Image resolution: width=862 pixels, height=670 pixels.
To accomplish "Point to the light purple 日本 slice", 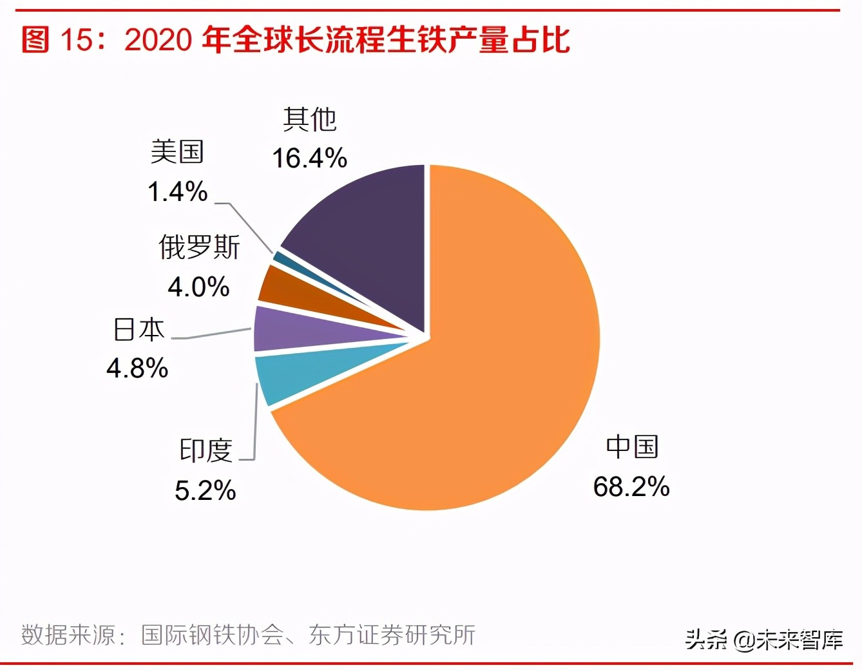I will point(283,329).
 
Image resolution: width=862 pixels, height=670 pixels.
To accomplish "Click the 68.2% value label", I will point(631,486).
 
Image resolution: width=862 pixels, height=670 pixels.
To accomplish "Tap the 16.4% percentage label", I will point(309,158).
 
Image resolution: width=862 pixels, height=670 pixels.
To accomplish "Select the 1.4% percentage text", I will point(178,191).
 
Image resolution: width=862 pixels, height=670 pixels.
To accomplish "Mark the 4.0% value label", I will point(198,287).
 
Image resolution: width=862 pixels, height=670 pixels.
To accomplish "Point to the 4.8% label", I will point(137,368).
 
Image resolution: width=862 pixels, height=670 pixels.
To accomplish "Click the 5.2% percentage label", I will point(206,491).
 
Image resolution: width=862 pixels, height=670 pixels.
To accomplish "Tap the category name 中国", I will point(632,447).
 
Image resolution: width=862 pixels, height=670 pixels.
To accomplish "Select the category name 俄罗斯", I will point(199,247).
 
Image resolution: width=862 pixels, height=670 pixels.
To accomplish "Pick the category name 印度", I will point(206,450).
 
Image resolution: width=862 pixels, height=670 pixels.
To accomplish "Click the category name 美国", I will point(177,152).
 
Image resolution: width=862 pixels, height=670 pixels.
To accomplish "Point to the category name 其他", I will point(309,119).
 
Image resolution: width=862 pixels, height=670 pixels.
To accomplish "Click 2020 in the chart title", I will point(158,40).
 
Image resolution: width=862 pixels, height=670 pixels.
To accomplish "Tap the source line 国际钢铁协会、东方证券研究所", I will point(308,635).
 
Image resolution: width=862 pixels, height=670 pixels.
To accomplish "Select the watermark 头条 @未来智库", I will point(763,639).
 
